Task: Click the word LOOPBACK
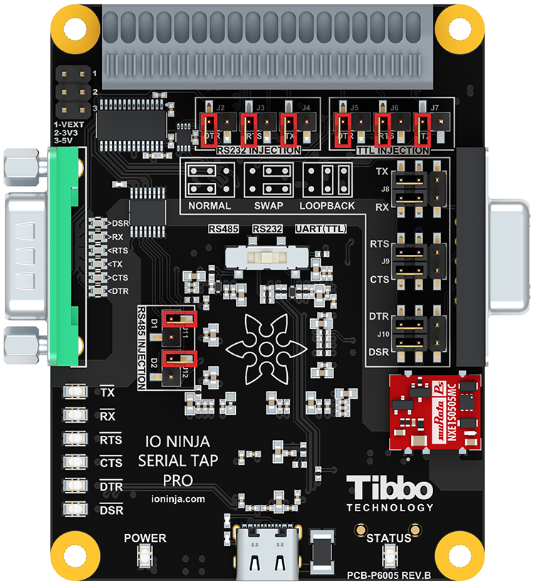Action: [x=327, y=206]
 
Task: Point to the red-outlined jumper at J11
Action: [x=179, y=318]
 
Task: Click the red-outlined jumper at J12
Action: [x=179, y=359]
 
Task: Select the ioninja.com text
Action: [x=178, y=499]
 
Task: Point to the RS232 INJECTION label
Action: [x=258, y=150]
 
